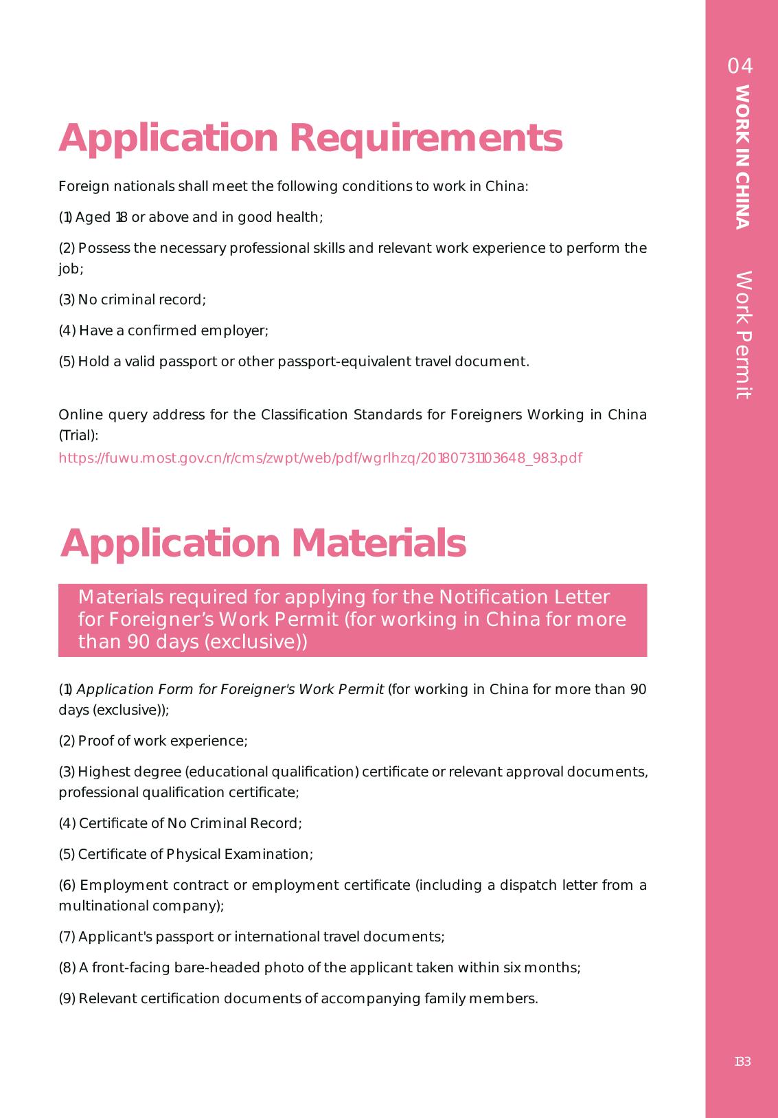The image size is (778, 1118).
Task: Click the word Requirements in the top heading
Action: tap(426, 139)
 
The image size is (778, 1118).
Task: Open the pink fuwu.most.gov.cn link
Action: tap(320, 458)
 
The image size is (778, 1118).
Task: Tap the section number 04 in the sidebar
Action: tap(740, 66)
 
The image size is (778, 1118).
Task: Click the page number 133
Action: tap(742, 1062)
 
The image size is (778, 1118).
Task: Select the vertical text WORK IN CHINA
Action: tap(742, 157)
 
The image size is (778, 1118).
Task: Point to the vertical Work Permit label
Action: tap(743, 335)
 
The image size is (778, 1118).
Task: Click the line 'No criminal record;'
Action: tap(133, 300)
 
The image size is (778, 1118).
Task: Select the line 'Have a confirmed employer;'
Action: tap(163, 331)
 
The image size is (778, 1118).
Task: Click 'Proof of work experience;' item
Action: tap(153, 741)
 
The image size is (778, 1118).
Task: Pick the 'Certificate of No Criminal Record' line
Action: tap(180, 823)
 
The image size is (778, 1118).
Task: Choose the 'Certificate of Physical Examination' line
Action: tap(185, 854)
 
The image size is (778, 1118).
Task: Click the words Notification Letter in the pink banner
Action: tap(524, 597)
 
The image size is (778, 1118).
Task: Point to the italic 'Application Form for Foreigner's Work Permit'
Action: tap(231, 689)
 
